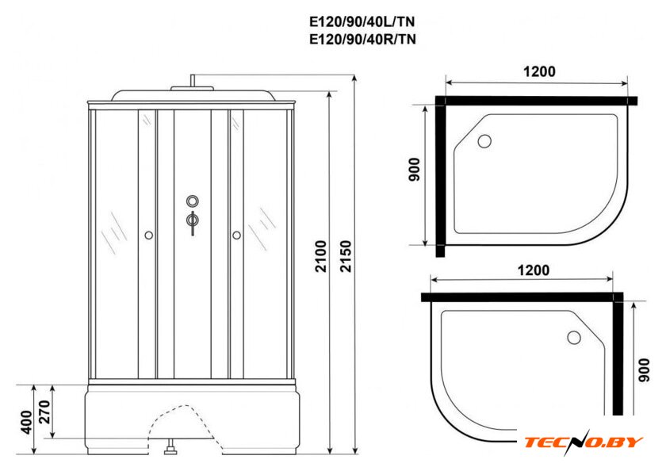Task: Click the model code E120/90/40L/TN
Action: (x=362, y=21)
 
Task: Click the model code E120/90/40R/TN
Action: (x=362, y=39)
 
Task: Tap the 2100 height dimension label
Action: (x=321, y=256)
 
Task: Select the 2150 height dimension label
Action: (x=346, y=256)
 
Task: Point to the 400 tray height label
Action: (x=26, y=423)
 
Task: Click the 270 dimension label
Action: (x=44, y=412)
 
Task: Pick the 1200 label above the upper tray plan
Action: (x=539, y=71)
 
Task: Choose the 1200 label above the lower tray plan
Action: (x=533, y=270)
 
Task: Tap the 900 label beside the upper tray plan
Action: (x=414, y=170)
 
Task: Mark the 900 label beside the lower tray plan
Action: (x=644, y=370)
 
